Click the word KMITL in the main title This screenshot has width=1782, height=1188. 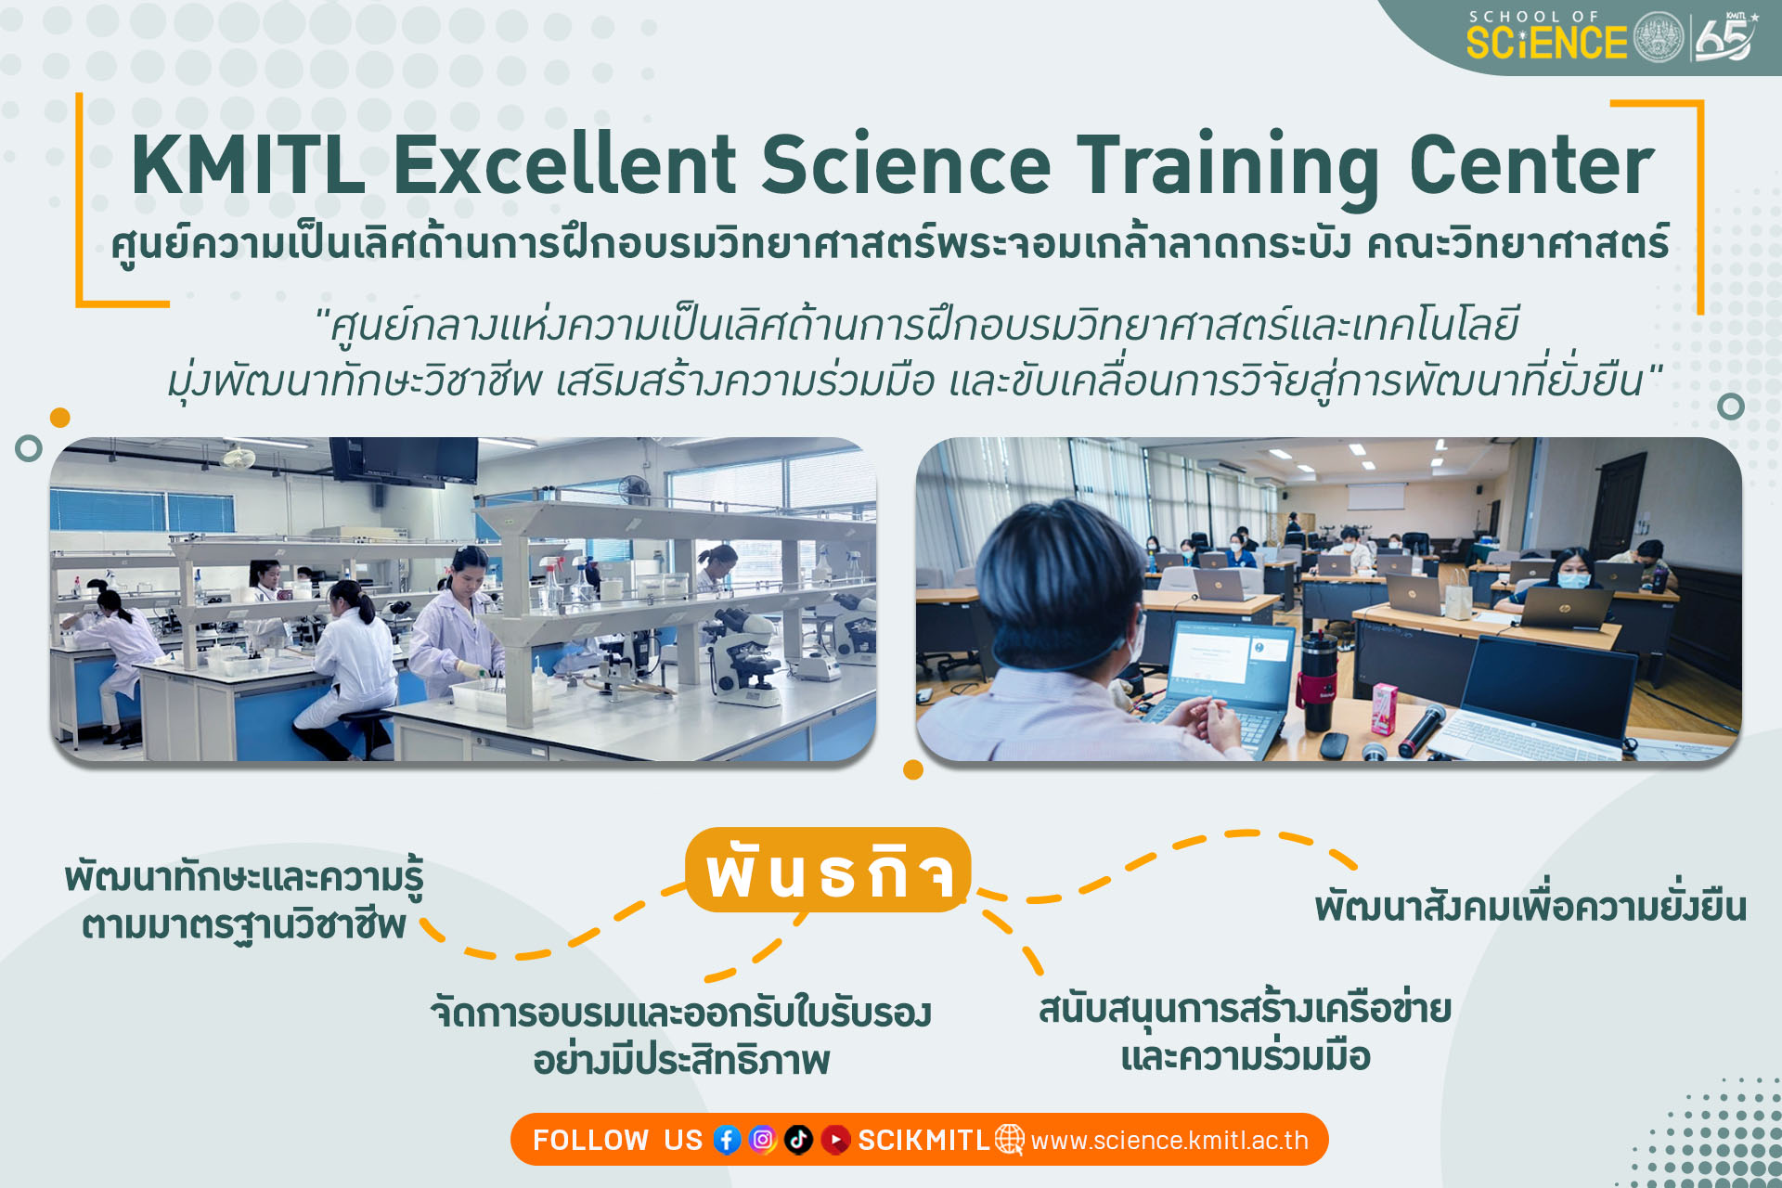[x=248, y=164]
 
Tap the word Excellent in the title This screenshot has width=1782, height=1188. [x=564, y=164]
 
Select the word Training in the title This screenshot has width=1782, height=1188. [x=1228, y=170]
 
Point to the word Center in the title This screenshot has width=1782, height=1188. [x=1531, y=165]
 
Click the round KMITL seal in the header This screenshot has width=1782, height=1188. [x=1658, y=38]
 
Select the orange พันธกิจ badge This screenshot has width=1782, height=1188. [x=828, y=870]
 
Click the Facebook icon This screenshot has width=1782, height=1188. [x=727, y=1139]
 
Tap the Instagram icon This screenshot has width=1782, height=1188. [x=762, y=1139]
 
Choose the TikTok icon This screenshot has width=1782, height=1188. [x=798, y=1139]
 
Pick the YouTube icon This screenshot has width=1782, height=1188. [x=835, y=1139]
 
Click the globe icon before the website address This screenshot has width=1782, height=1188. [x=1010, y=1139]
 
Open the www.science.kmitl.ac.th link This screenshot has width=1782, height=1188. [x=1169, y=1140]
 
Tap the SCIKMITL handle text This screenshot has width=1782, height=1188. [x=924, y=1140]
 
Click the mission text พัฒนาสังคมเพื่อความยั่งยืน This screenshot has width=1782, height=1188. [x=1530, y=905]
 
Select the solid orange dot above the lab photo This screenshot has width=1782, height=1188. [x=60, y=418]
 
